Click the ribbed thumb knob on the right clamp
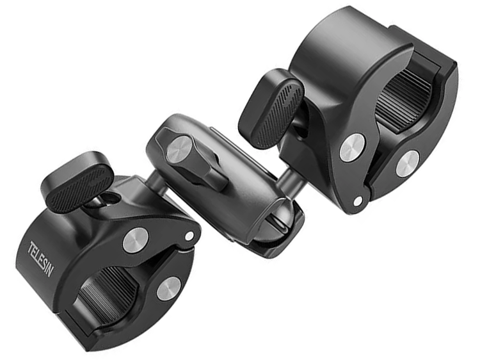(x=271, y=108)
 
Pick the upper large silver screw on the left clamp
(x=136, y=240)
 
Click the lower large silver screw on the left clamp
(x=169, y=289)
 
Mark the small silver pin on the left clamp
(x=189, y=236)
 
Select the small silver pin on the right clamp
(x=357, y=201)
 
